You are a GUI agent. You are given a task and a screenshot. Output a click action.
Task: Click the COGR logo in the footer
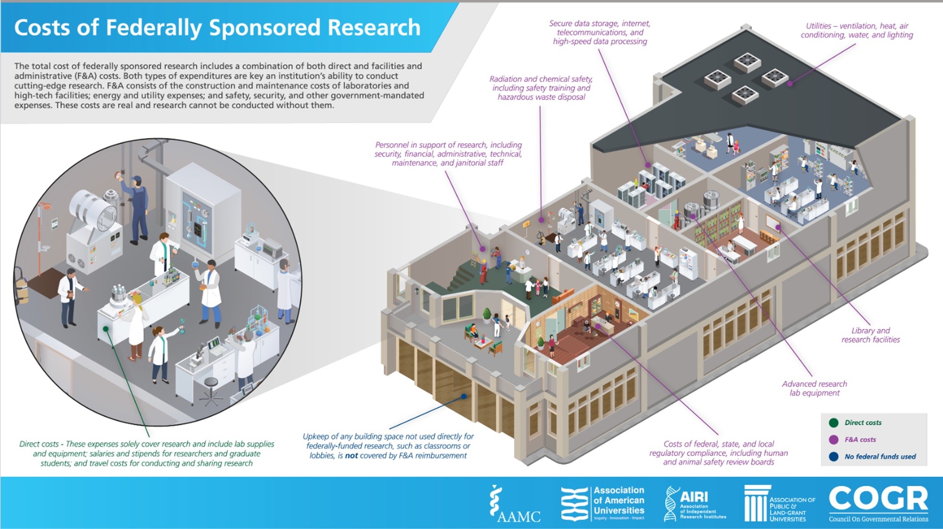point(878,503)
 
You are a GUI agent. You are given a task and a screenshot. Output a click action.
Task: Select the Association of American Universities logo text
point(619,501)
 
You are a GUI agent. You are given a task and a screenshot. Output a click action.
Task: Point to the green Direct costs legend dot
point(834,423)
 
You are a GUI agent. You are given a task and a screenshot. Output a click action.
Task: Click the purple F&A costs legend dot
point(834,439)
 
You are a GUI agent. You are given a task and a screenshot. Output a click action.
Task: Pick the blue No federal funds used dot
point(834,456)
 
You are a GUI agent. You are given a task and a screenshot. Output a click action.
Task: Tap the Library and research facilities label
point(870,335)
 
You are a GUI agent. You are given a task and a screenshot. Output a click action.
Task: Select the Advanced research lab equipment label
point(814,388)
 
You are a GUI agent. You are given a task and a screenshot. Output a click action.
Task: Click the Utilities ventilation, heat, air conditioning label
point(857,30)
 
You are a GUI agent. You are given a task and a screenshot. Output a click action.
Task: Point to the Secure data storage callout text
point(600,32)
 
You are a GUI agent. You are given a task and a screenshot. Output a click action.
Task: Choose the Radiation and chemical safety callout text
point(541,88)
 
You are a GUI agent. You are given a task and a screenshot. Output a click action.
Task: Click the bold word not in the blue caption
point(351,456)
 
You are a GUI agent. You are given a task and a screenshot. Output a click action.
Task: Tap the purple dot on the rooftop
point(790,83)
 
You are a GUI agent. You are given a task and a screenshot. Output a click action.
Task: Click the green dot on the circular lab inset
point(106,328)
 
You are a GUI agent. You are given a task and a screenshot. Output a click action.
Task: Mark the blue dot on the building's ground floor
point(464,397)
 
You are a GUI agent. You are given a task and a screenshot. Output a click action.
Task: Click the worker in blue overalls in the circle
point(137,207)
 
